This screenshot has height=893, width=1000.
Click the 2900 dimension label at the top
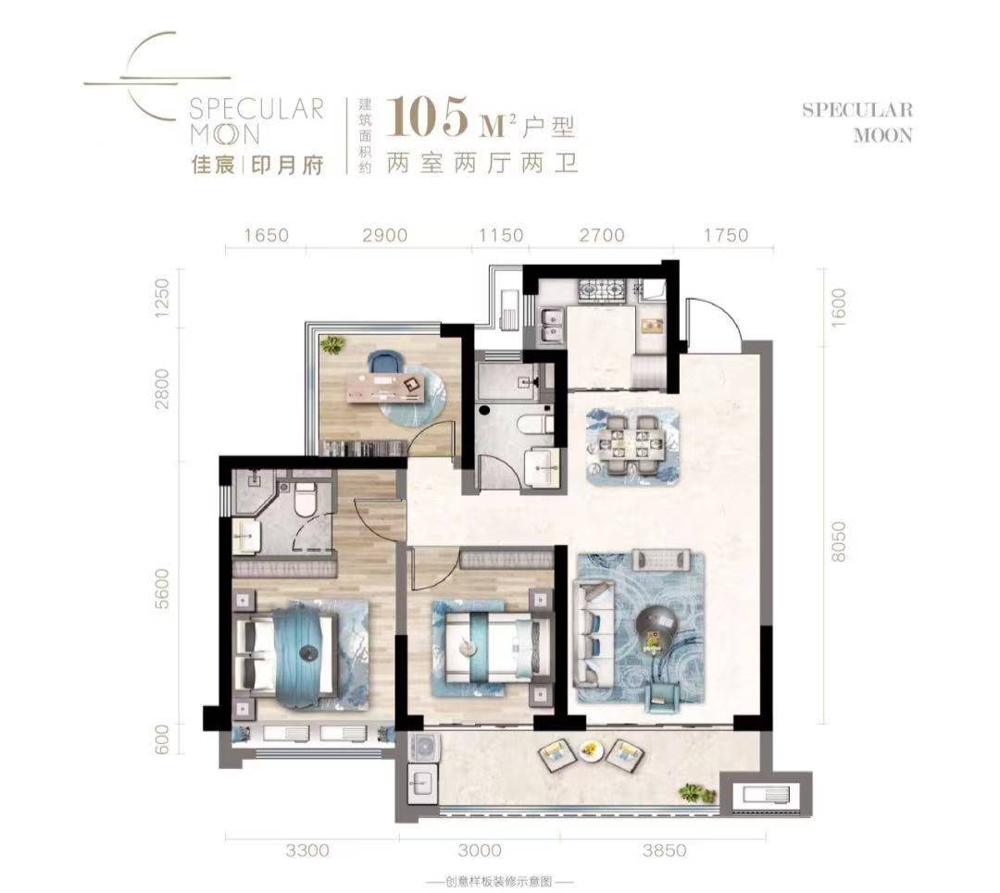pyautogui.click(x=384, y=235)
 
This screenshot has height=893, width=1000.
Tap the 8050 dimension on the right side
pyautogui.click(x=838, y=541)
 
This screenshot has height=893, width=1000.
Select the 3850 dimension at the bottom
pyautogui.click(x=664, y=850)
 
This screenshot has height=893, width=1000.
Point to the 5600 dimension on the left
pyautogui.click(x=163, y=589)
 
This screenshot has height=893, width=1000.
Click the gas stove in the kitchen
pyautogui.click(x=602, y=291)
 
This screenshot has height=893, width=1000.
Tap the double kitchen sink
pyautogui.click(x=550, y=326)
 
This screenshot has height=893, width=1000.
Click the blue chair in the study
pyautogui.click(x=386, y=363)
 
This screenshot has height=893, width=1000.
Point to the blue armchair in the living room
pyautogui.click(x=663, y=698)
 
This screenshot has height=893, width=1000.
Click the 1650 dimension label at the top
pyautogui.click(x=266, y=235)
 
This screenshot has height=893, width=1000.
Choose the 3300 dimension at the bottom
pyautogui.click(x=307, y=850)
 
